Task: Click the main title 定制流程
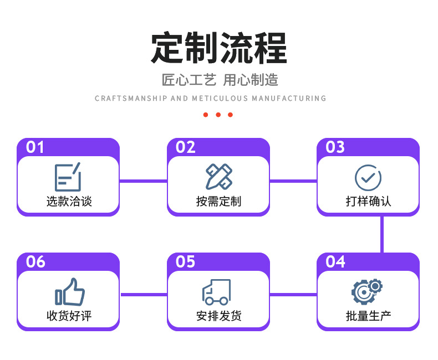point(219,49)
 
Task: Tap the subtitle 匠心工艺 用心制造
point(220,80)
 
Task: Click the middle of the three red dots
point(218,115)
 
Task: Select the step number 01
point(35,147)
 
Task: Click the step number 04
point(335,261)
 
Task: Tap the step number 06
point(35,261)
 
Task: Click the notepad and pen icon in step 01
point(68,177)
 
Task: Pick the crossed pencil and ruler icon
point(218,177)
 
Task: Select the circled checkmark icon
point(368,178)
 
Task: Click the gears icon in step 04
point(367,291)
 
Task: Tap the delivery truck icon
point(216,292)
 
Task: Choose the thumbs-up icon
point(69,291)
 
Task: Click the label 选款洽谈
point(69,202)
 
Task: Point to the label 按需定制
point(218,202)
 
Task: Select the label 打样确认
point(368,202)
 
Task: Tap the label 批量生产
point(368,316)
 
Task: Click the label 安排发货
point(218,316)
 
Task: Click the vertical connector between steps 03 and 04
point(382,234)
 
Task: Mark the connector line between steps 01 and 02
point(143,181)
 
